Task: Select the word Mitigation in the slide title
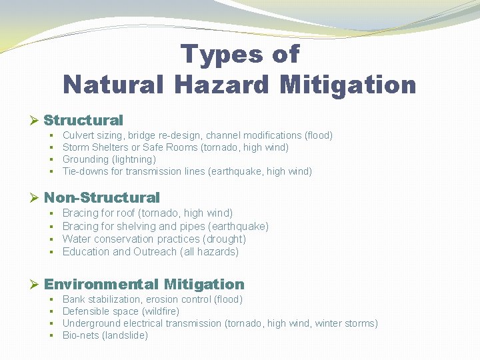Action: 349,85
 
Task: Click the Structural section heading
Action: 83,121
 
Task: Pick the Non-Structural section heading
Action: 102,197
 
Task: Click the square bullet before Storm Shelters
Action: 51,147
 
